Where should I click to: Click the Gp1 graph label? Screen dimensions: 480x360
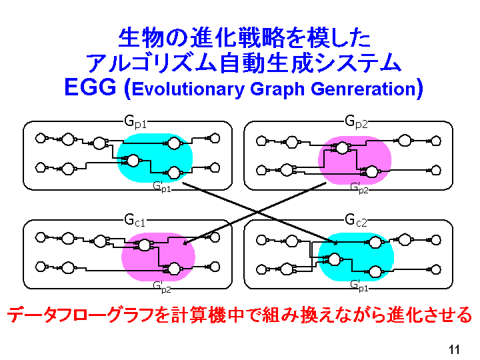[x=135, y=122]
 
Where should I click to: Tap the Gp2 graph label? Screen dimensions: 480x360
[x=356, y=122]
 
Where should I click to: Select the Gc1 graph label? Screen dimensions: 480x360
[x=135, y=221]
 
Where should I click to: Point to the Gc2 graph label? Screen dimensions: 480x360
[x=356, y=221]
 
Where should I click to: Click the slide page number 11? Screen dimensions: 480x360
[x=454, y=349]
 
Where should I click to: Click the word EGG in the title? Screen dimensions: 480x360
[x=91, y=87]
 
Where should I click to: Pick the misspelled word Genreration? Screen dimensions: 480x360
[x=363, y=89]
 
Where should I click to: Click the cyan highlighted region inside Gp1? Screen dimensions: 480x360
[x=155, y=158]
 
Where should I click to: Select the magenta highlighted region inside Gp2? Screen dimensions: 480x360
[x=355, y=160]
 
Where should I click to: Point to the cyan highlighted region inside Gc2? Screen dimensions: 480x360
[x=356, y=257]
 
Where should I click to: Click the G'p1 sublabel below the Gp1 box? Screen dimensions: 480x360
[x=161, y=187]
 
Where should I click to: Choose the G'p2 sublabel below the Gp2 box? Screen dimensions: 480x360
[x=359, y=188]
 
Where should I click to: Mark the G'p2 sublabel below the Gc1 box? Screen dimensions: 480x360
[x=161, y=287]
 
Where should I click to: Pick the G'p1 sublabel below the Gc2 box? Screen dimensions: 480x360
[x=359, y=286]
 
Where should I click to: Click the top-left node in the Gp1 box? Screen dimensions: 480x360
[x=41, y=139]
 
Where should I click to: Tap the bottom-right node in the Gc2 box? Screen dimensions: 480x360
[x=435, y=269]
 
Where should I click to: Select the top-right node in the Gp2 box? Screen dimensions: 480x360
[x=435, y=141]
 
